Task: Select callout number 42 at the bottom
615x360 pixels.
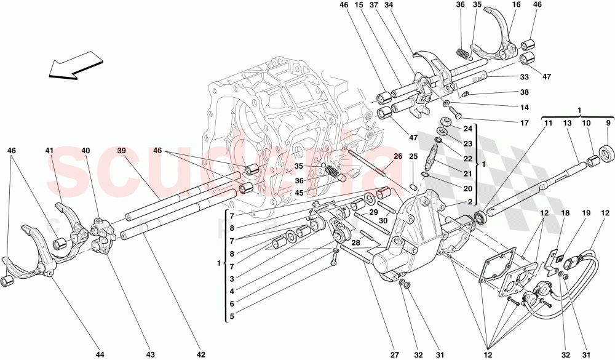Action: [x=200, y=355]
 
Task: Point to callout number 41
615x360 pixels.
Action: [x=49, y=151]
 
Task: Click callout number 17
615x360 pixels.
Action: [x=524, y=123]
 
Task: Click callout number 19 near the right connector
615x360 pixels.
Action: [x=585, y=214]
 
